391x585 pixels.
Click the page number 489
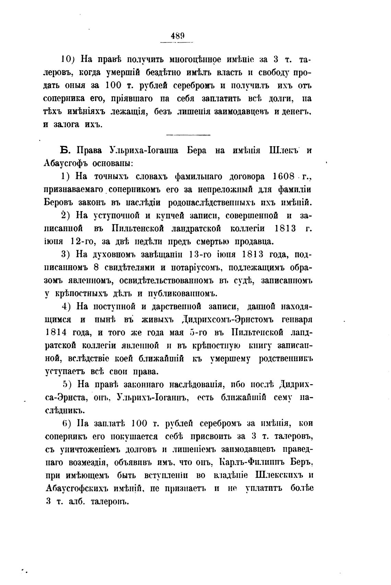(177, 35)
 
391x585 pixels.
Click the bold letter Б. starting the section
(65, 151)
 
